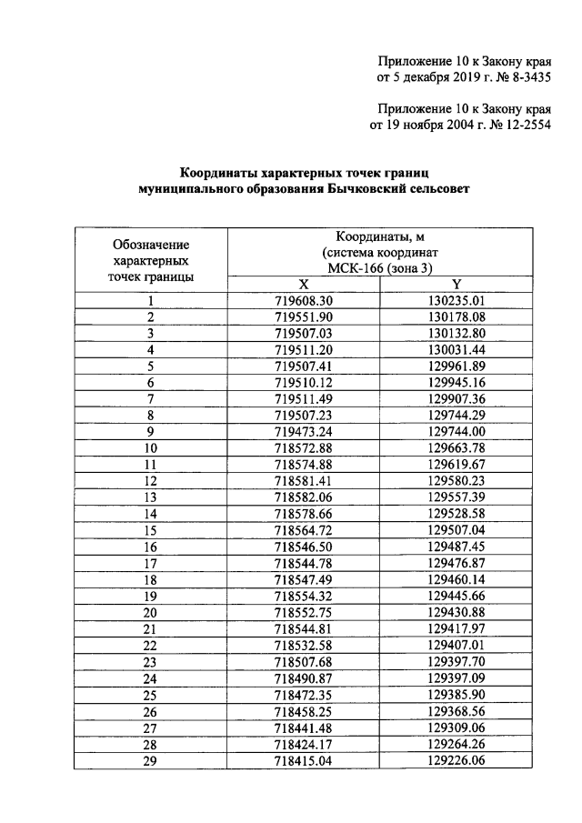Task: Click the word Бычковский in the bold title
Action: click(x=357, y=188)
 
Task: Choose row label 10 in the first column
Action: click(x=150, y=448)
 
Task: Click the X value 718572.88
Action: click(x=304, y=448)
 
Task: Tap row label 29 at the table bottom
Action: click(x=150, y=760)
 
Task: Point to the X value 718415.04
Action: click(x=304, y=760)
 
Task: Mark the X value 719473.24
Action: click(x=304, y=432)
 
